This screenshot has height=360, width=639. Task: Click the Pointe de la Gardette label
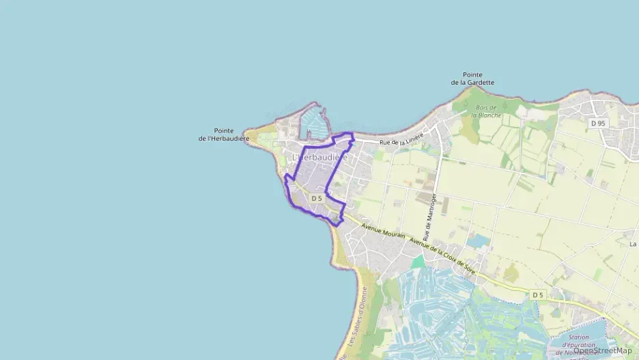pos(472,79)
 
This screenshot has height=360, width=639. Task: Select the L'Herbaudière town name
pos(320,157)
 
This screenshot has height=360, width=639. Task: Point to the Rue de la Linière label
pos(401,139)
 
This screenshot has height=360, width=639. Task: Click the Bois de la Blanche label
pos(489,111)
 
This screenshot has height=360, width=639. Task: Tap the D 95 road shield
pos(598,123)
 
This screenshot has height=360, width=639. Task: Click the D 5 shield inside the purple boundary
pos(315,198)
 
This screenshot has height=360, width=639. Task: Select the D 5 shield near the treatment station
pos(538,294)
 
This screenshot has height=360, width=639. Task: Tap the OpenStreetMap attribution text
pos(602,350)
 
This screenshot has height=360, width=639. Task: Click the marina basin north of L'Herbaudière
pos(315,123)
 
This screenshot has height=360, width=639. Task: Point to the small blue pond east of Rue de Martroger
pos(479,240)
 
